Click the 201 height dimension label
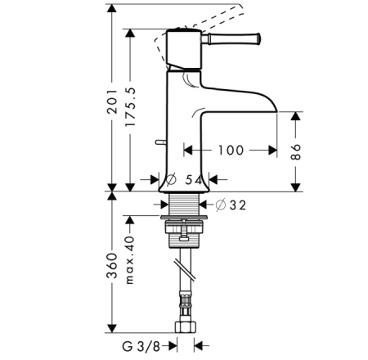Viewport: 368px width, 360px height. coord(112,101)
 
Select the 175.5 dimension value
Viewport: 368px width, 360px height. coord(130,107)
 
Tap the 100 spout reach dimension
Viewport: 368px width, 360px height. coord(231,151)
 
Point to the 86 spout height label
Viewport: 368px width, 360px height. coord(296,152)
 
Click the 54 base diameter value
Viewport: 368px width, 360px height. coord(194,180)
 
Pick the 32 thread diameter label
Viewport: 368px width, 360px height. coord(237,205)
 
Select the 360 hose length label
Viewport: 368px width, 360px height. coord(112,266)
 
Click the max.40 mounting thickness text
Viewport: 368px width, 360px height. coord(130,260)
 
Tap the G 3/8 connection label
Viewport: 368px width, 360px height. coord(141,347)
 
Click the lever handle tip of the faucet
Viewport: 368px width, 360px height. coord(258,38)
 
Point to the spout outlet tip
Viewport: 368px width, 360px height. coord(276,111)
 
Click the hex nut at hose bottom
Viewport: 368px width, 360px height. coord(186,327)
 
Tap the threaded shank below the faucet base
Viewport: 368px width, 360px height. coord(183,205)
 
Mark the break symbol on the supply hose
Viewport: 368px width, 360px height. coord(185,270)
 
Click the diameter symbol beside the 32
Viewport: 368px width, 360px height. coord(221,205)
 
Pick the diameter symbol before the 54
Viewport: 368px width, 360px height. coord(171,180)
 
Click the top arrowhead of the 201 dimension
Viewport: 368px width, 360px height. coord(112,8)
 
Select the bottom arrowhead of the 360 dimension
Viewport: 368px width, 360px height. coord(112,328)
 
